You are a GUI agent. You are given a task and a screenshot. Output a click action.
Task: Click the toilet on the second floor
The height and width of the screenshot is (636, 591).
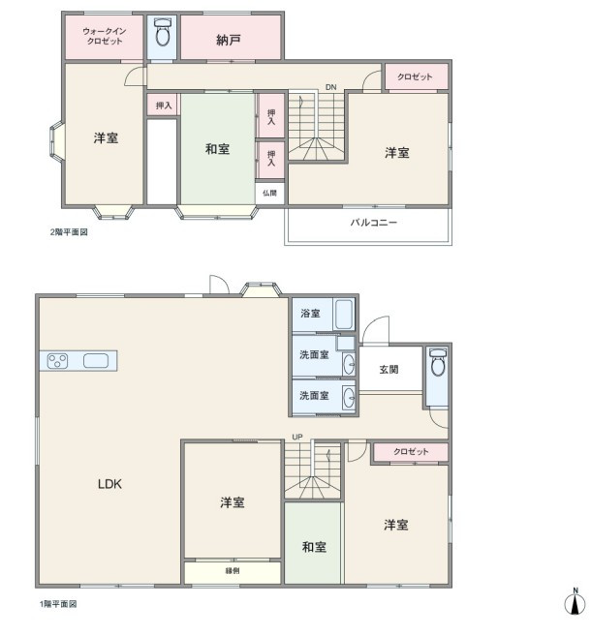[x=163, y=33]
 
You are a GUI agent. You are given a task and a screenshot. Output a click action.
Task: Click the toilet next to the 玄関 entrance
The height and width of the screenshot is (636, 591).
[x=438, y=362]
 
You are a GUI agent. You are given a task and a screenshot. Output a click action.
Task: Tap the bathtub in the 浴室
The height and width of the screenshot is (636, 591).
[x=344, y=315]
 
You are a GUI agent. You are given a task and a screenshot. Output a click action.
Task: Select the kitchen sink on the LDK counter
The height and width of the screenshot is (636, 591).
[x=96, y=360]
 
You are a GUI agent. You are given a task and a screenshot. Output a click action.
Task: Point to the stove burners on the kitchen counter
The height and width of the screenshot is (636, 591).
[x=57, y=360]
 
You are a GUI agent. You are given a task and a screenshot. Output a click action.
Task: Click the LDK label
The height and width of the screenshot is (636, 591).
[x=109, y=483]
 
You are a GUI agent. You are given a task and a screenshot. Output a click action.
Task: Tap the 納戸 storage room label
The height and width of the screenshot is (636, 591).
[x=229, y=40]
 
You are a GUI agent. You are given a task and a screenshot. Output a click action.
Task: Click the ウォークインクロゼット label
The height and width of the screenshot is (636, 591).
[x=105, y=36]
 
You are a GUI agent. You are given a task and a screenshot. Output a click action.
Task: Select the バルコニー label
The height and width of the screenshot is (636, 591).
[x=373, y=223]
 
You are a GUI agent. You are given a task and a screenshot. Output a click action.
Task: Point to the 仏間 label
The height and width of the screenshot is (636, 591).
[x=269, y=193]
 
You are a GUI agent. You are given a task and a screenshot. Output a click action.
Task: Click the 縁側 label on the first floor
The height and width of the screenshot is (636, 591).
[x=233, y=571]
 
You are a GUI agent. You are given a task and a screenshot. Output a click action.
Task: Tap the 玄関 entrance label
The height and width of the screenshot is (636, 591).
[x=389, y=370]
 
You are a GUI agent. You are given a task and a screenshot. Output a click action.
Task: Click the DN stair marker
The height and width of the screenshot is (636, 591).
[x=330, y=87]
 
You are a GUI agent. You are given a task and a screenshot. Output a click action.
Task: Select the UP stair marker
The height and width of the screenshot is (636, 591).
[x=297, y=437]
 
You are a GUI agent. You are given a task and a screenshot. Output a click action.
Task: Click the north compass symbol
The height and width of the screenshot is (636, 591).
[x=575, y=601]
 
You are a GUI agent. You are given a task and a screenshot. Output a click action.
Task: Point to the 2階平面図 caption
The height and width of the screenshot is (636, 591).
[x=69, y=232]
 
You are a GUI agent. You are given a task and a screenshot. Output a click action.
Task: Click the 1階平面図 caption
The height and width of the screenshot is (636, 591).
[x=58, y=604]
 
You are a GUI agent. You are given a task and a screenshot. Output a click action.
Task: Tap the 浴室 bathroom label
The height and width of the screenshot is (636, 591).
[x=310, y=313]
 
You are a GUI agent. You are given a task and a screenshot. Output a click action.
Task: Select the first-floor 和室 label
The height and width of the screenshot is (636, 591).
[x=314, y=547]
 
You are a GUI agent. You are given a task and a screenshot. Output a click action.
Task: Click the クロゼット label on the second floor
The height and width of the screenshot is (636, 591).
[x=415, y=76]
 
